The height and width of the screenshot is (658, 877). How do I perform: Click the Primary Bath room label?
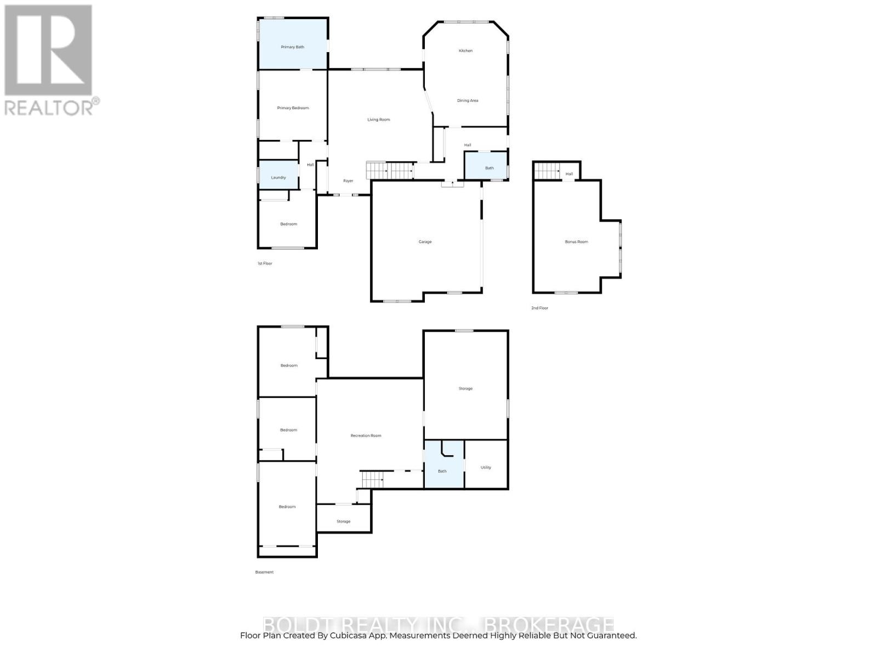(292, 47)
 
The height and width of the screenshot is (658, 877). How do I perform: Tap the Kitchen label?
(465, 50)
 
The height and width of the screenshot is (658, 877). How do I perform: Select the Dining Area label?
(468, 100)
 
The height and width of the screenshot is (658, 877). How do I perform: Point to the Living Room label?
(378, 120)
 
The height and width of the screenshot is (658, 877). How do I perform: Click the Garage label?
(425, 242)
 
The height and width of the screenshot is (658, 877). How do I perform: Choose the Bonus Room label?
(576, 242)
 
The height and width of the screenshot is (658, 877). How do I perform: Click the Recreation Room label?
(366, 436)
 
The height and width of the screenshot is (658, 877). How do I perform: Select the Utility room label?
(486, 468)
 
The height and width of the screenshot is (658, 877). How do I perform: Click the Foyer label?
(348, 181)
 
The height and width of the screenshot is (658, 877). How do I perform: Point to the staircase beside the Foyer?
(390, 171)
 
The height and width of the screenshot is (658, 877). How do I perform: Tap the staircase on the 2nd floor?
(546, 171)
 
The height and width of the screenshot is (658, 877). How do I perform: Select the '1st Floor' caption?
(265, 264)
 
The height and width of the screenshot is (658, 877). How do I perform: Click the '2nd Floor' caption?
(539, 308)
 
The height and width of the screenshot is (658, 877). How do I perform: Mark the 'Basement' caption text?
(264, 572)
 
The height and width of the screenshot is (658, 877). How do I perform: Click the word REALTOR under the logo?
(49, 107)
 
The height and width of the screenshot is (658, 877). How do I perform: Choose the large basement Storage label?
(465, 389)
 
